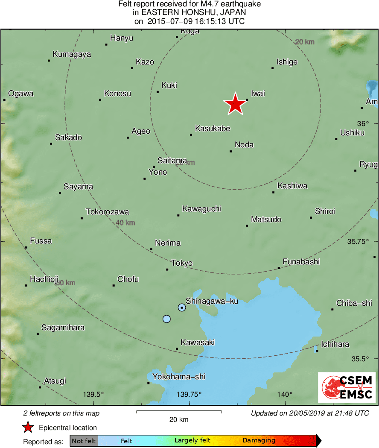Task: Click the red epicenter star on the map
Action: pos(235,104)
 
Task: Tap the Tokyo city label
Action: pos(182,263)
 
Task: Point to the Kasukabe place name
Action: pos(213,128)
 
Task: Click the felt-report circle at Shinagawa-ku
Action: pos(182,307)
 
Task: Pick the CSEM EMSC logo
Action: pos(347,387)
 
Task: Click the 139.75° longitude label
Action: pos(189,394)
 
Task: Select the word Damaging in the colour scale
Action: pos(259,441)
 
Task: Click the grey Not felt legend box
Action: pos(84,441)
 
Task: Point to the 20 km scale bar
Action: pos(179,412)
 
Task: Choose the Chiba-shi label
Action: pos(354,303)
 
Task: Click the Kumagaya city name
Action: pos(72,54)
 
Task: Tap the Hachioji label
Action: pos(44,279)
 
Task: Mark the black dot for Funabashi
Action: pos(279,268)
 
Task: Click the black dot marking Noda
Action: pos(230,151)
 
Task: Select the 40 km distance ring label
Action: pos(125,223)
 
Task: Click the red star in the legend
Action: pos(28,428)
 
